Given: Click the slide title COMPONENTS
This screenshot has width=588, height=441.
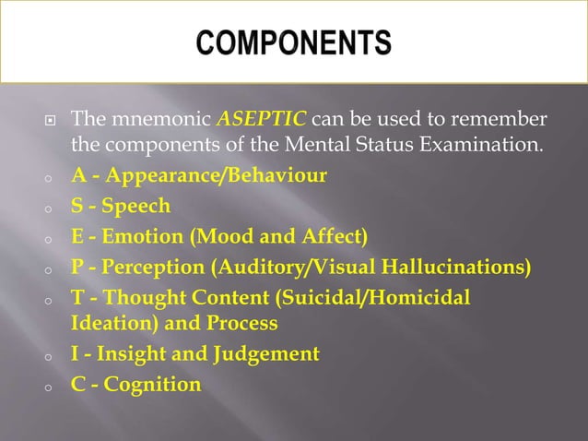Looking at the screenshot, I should pyautogui.click(x=293, y=43).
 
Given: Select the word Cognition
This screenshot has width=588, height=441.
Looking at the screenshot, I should pyautogui.click(x=152, y=384).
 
